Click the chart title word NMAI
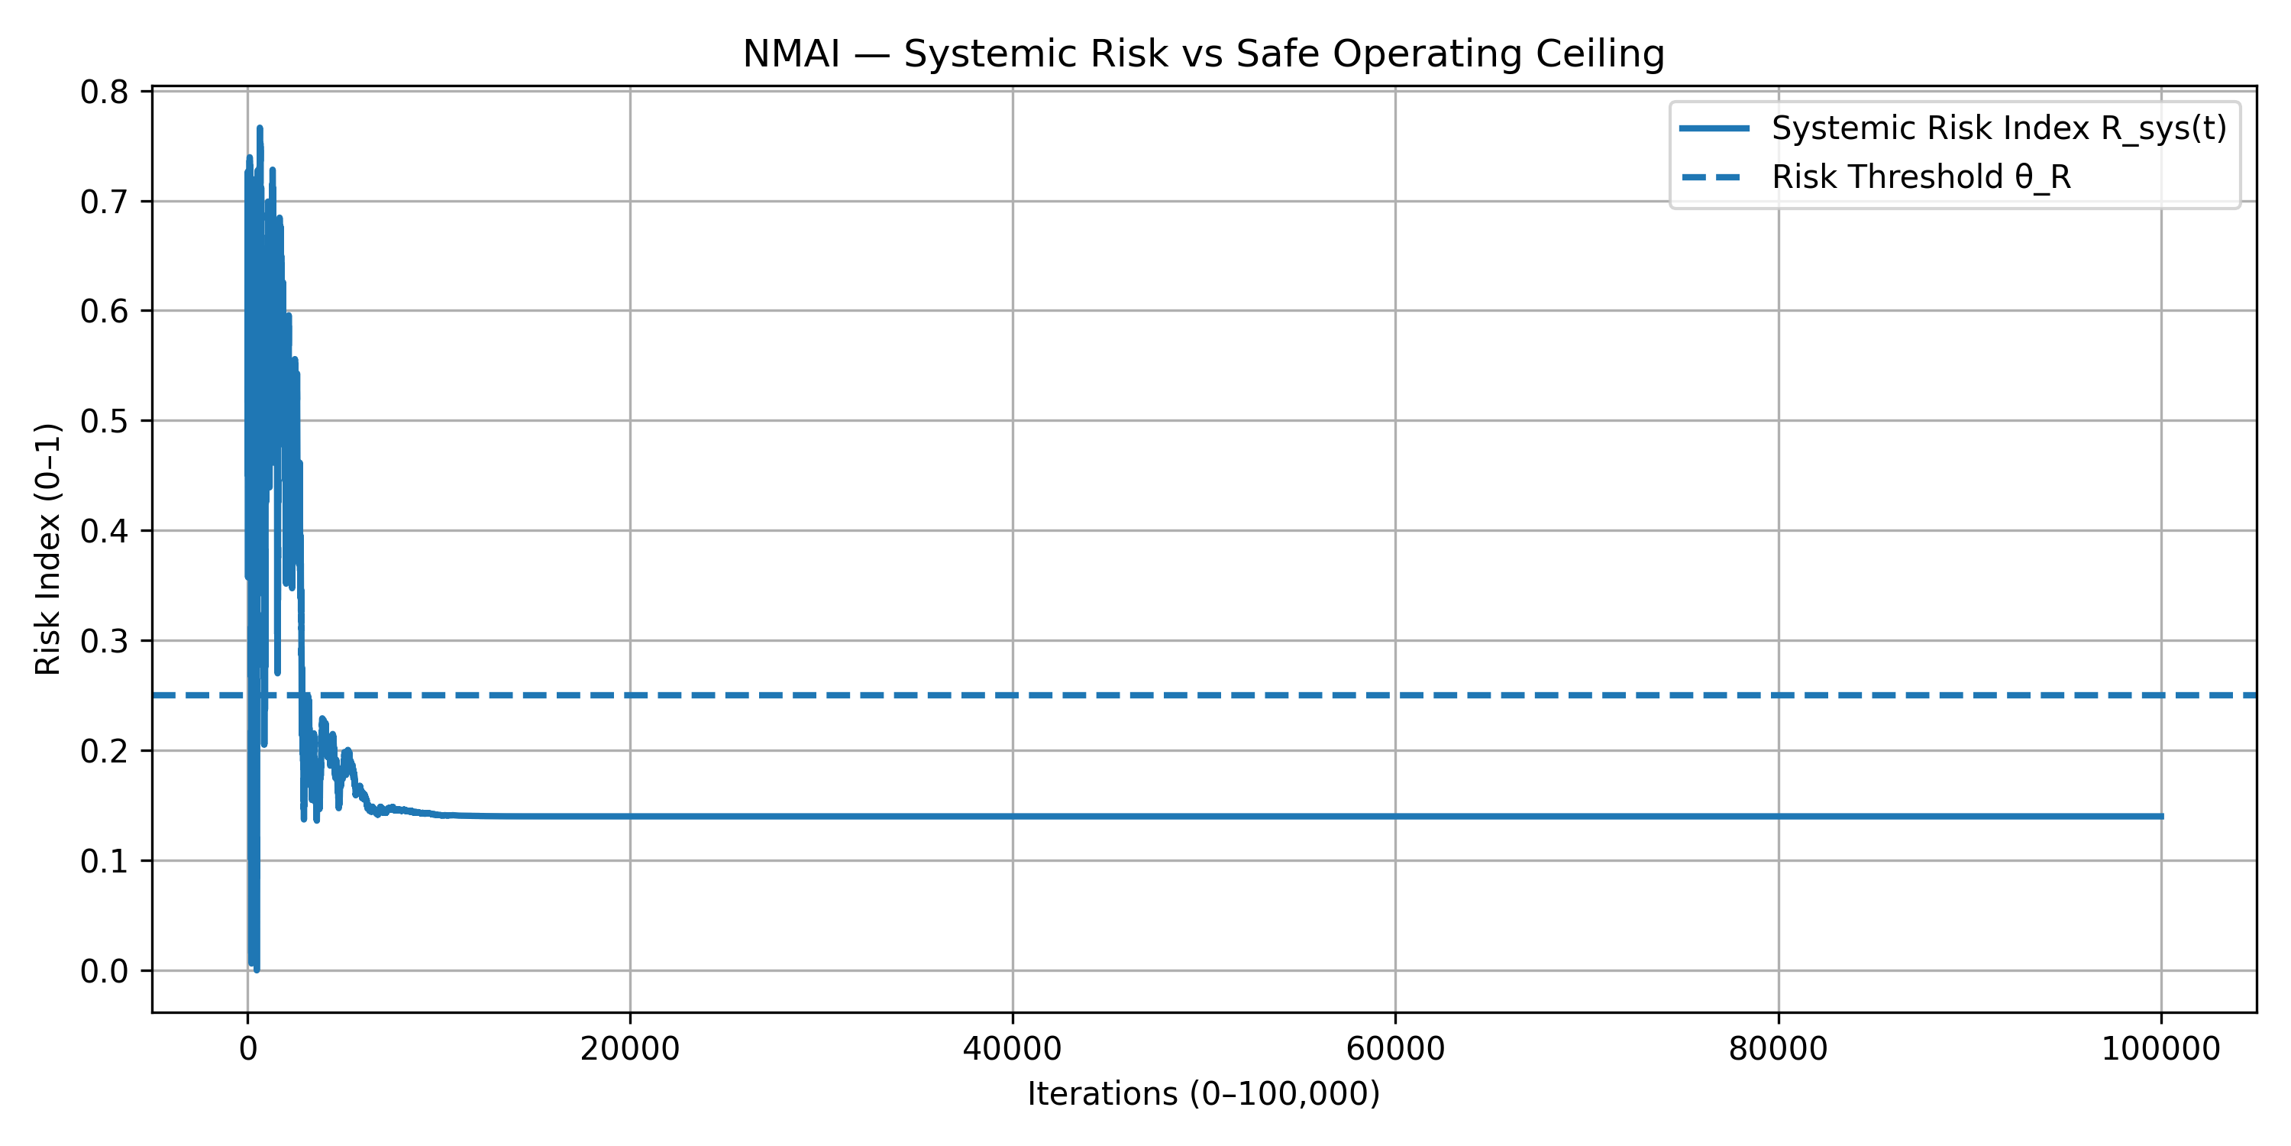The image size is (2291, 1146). point(790,54)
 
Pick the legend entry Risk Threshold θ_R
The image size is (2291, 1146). point(1921,177)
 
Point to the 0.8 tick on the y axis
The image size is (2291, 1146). point(103,92)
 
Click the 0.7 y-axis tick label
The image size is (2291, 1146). point(103,202)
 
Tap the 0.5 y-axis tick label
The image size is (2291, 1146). point(103,422)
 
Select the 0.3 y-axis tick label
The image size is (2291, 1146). point(103,642)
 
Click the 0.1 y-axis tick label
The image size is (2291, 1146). point(103,861)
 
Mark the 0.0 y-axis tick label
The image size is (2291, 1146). point(103,972)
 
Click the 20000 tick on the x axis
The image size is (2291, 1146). point(630,1049)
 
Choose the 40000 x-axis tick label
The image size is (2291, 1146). point(1012,1049)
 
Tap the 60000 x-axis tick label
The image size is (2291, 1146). point(1395,1049)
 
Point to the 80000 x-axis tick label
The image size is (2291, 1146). point(1778,1049)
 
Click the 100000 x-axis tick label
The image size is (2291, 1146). point(2160,1049)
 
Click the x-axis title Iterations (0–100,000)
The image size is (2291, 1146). point(1204,1093)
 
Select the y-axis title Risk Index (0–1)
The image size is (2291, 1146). point(48,549)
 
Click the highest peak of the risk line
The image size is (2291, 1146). point(260,129)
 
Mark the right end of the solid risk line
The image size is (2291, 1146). point(2161,816)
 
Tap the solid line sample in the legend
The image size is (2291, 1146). point(1714,129)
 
